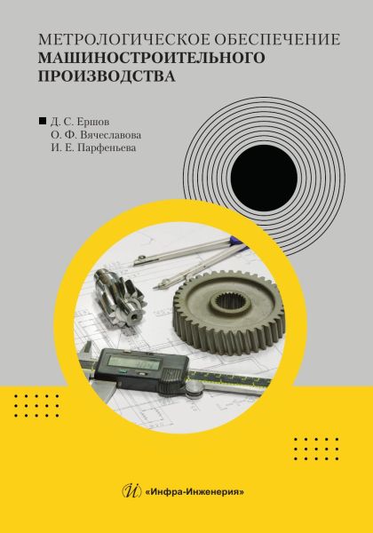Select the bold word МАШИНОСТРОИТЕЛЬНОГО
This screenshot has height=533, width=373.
tap(151, 58)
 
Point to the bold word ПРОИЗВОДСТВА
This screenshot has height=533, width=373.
tap(107, 76)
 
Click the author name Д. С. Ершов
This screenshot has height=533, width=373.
tap(80, 122)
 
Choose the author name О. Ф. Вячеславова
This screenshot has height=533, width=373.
tap(96, 135)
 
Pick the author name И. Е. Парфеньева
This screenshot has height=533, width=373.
tap(93, 148)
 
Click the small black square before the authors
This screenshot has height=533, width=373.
tap(43, 121)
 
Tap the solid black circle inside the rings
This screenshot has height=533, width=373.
tap(264, 178)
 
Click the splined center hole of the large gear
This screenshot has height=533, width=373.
tap(231, 300)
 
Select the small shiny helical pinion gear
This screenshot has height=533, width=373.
tap(119, 297)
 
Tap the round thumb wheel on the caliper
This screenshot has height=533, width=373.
tap(194, 387)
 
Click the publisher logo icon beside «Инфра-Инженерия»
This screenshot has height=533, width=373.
tap(131, 491)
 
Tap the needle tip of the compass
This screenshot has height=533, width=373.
tap(155, 288)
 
